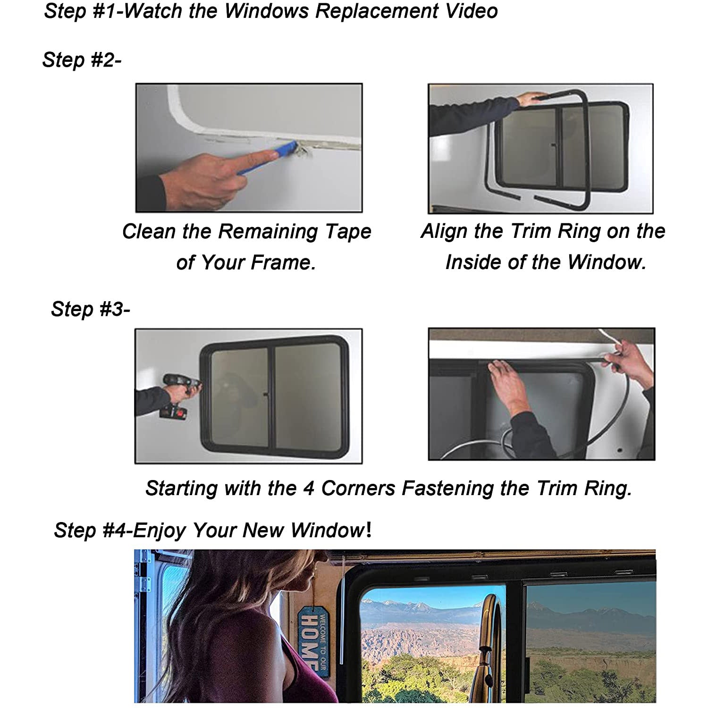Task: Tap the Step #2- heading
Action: [x=82, y=60]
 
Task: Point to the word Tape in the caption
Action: [x=349, y=231]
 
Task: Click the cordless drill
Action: [x=180, y=396]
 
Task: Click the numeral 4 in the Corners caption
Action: [x=308, y=489]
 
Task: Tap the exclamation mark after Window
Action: [x=369, y=530]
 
